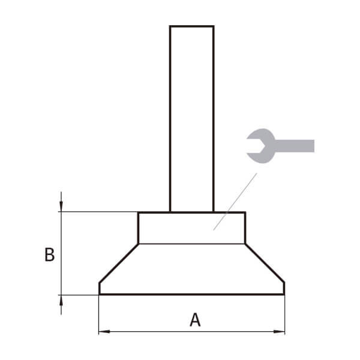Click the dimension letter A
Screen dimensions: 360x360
click(195, 320)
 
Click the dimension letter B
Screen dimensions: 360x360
click(49, 254)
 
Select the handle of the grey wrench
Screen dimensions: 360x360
click(295, 146)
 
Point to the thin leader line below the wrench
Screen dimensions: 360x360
click(235, 202)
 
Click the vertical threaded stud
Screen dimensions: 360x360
click(192, 119)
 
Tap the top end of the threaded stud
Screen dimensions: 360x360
click(192, 26)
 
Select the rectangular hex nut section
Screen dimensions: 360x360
click(192, 228)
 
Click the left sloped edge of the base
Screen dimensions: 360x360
click(119, 263)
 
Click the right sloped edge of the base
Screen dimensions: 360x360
click(265, 263)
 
